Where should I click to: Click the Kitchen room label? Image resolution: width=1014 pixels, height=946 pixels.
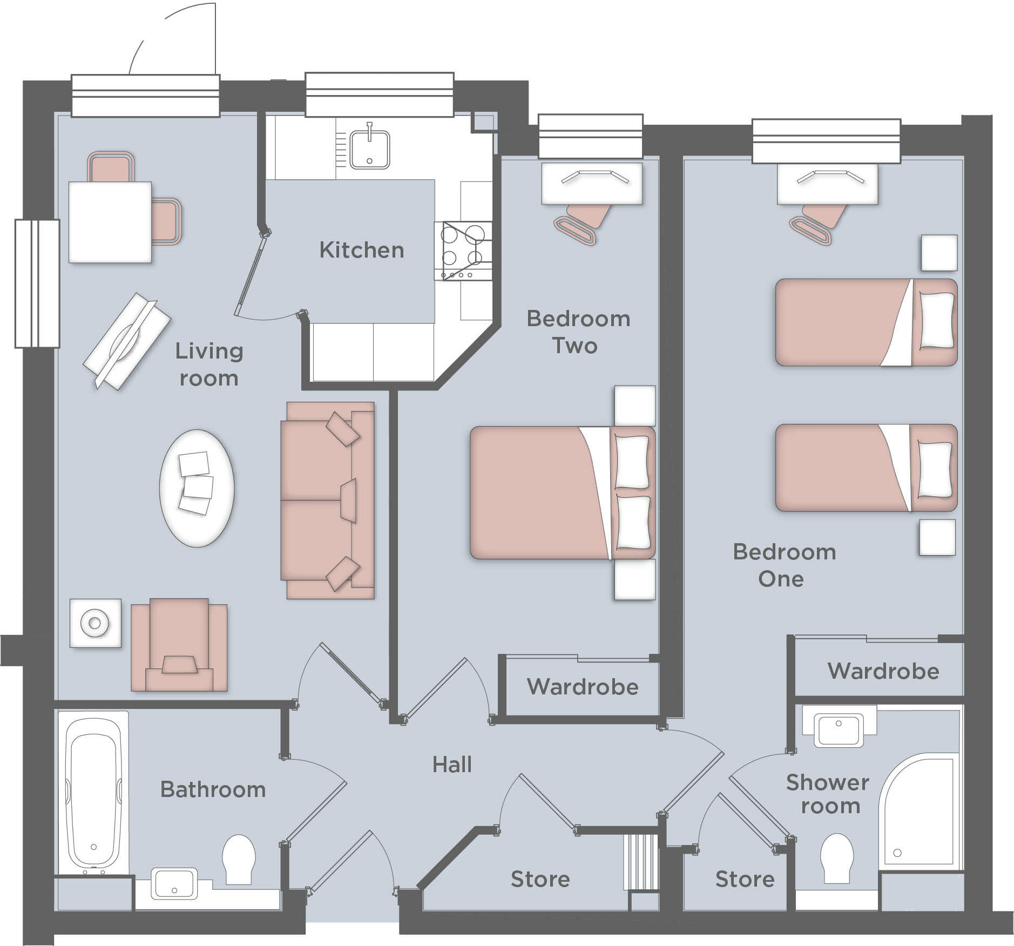pos(361,250)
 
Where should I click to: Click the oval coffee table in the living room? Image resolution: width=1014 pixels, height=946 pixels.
pos(197,488)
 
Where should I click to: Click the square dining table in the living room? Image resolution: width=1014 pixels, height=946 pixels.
pos(110,222)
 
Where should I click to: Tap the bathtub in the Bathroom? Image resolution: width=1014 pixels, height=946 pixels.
pos(92,793)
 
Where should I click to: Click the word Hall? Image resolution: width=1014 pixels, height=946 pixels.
pos(452,765)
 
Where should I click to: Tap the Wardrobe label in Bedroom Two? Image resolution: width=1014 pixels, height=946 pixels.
pos(582,687)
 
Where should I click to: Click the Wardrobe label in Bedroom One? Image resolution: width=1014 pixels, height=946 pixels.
pos(883,671)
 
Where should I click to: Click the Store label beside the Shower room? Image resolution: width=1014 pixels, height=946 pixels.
pos(745,880)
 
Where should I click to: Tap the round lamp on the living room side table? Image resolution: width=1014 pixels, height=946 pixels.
pos(95,624)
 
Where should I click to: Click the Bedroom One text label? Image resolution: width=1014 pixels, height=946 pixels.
pos(783,565)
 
